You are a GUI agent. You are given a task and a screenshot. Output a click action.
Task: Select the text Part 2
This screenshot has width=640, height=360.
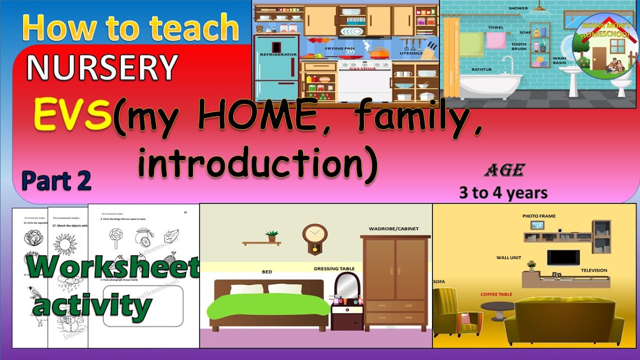(56, 180)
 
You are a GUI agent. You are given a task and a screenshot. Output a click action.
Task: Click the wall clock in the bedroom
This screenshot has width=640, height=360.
(315, 236)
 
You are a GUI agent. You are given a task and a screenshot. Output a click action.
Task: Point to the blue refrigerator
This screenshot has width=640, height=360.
(277, 68)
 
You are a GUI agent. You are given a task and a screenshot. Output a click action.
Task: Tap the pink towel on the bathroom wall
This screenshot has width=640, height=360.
(495, 40)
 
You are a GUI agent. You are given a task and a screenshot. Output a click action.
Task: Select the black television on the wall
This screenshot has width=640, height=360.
(563, 258)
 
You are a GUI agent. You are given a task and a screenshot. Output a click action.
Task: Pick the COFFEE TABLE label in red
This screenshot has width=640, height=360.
(496, 294)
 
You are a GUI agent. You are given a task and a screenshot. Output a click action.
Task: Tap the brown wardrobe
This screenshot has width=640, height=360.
(395, 282)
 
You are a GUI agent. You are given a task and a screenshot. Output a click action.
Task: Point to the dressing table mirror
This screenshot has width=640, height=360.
(347, 285)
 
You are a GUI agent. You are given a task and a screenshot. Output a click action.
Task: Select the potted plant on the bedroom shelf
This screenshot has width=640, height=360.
(272, 236)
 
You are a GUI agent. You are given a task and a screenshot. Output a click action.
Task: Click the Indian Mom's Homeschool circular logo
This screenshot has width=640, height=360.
(605, 42)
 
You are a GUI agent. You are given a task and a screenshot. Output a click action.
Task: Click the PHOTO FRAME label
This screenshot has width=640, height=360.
(539, 216)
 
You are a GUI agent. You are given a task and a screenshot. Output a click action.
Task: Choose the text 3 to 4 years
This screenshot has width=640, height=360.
(503, 193)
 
